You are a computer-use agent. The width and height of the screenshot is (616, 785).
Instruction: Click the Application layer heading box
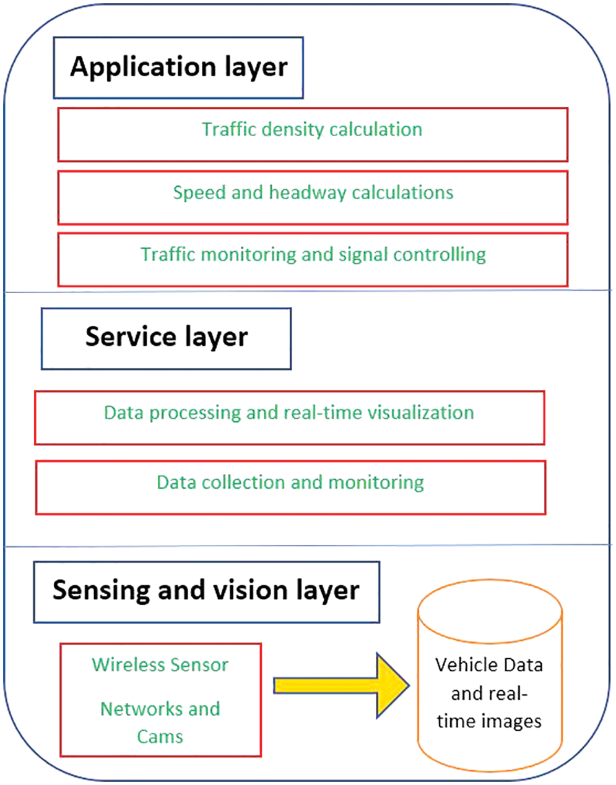pyautogui.click(x=178, y=67)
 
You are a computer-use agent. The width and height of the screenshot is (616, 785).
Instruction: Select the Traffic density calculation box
pyautogui.click(x=313, y=134)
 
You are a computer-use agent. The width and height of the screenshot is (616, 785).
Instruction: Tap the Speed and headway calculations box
pyautogui.click(x=313, y=197)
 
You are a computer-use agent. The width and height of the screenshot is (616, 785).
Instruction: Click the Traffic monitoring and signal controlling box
pyautogui.click(x=313, y=259)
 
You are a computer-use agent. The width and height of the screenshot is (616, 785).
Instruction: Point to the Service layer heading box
pyautogui.click(x=166, y=338)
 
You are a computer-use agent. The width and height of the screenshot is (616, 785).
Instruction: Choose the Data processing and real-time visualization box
pyautogui.click(x=289, y=418)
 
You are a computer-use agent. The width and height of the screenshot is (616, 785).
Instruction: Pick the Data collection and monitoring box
pyautogui.click(x=290, y=487)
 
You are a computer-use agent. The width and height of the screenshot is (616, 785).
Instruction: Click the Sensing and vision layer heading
pyautogui.click(x=206, y=591)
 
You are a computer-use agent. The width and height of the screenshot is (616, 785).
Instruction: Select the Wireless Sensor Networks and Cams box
pyautogui.click(x=160, y=700)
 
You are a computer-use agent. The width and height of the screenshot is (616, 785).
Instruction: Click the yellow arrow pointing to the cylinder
pyautogui.click(x=341, y=685)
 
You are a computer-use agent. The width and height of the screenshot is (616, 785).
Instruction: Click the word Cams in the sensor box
pyautogui.click(x=160, y=737)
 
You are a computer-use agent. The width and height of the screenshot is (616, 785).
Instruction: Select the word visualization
pyautogui.click(x=422, y=413)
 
